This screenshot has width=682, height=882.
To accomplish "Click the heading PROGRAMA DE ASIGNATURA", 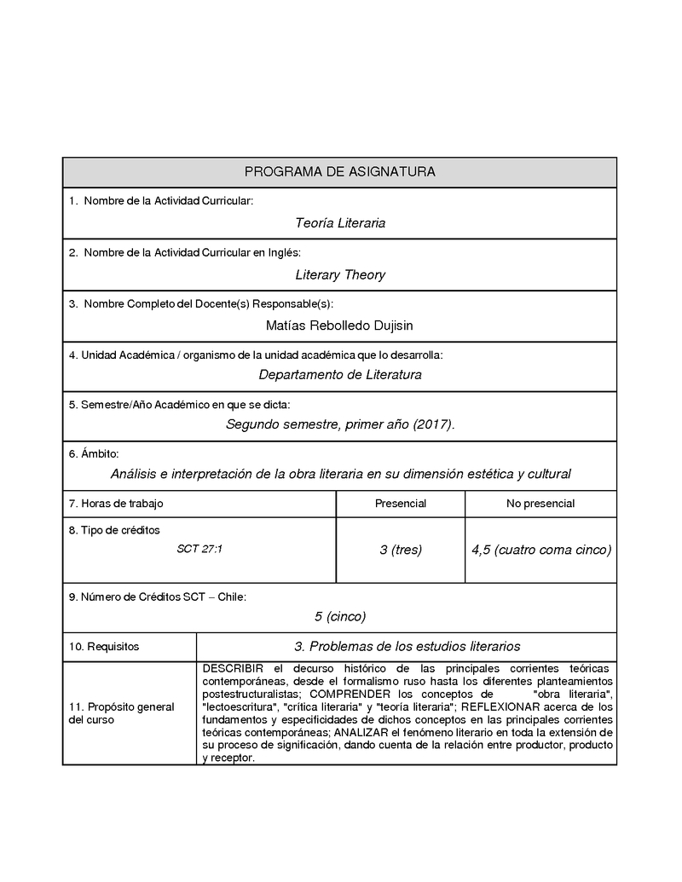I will tap(339, 172).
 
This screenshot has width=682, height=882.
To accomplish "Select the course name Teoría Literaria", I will tap(340, 223).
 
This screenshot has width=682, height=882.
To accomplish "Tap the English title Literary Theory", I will tap(340, 274).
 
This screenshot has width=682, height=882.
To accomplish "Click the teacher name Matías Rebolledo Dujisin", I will tap(339, 325).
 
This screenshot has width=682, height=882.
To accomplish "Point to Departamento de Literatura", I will tap(340, 374).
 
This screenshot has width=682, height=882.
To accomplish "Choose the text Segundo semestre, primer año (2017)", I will tap(340, 424).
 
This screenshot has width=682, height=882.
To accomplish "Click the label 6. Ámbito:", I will tap(94, 453).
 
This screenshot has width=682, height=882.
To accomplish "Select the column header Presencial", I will tap(401, 504).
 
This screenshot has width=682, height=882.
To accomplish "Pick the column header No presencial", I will tap(540, 504).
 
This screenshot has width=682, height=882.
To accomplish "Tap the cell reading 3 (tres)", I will tap(401, 550).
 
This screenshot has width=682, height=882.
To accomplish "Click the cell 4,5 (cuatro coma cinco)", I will tap(541, 550).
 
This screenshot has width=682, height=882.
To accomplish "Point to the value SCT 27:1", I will tap(199, 549).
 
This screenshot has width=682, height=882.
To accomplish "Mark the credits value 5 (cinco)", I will tap(340, 615).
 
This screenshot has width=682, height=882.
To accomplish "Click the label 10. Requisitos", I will tap(104, 647).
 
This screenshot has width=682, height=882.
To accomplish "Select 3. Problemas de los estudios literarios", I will tap(407, 647).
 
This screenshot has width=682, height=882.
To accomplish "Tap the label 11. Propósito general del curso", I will tap(121, 713).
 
